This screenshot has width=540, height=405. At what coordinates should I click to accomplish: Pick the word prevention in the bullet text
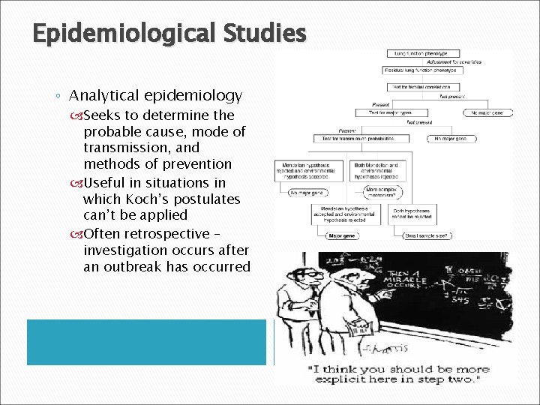196,164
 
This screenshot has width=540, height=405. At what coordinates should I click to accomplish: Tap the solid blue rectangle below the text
146,342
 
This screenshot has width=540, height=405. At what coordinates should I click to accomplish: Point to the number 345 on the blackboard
458,300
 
